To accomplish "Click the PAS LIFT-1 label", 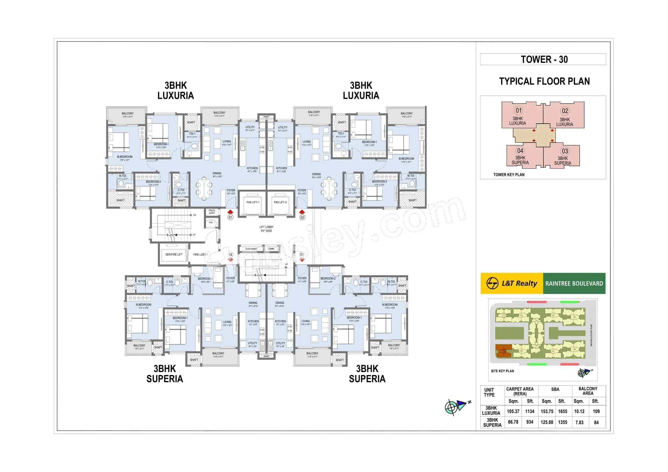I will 252,202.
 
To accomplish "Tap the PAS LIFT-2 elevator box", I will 280,203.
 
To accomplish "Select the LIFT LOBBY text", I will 266,227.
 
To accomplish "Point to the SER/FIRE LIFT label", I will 174,254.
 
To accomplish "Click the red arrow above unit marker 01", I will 230,212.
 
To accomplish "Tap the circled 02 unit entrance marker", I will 302,217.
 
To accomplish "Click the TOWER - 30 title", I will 544,60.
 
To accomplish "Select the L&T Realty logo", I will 512,283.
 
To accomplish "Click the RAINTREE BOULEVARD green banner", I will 574,284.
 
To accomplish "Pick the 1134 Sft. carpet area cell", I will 529,411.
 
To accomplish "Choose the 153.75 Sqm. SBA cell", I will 547,411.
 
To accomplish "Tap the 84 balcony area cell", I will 596,423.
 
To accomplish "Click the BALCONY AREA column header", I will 588,391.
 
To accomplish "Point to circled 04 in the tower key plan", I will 520,151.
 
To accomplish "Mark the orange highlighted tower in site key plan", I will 503,351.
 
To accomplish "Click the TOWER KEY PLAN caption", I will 509,175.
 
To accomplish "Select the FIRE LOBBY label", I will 200,254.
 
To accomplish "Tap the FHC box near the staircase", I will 211,223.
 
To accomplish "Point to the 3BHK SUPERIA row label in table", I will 492,422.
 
